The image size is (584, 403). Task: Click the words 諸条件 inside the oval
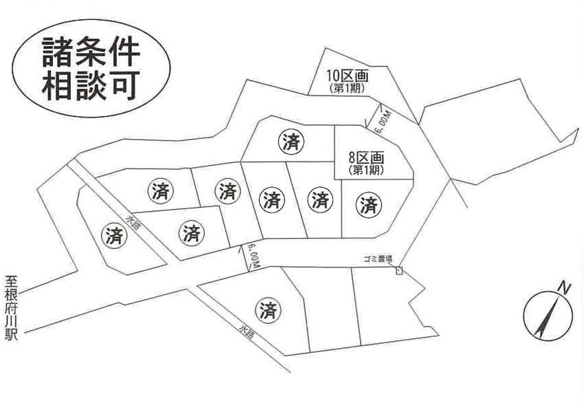[x=91, y=52]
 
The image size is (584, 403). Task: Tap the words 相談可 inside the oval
[x=91, y=86]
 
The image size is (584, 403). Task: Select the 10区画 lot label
[x=348, y=76]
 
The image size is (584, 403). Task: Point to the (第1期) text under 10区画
[x=348, y=88]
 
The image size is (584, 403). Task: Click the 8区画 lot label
[x=366, y=157]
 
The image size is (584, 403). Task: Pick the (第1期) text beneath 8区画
[x=366, y=170]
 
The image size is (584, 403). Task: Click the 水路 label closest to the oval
[x=133, y=223]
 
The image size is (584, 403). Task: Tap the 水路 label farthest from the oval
[x=246, y=331]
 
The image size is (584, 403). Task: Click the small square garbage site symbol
[x=399, y=270]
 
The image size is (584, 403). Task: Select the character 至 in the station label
[x=11, y=281]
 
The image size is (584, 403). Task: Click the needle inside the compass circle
[x=547, y=316]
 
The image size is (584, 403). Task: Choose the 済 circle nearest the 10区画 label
[x=291, y=142]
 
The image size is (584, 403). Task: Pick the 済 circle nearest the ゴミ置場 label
[x=369, y=205]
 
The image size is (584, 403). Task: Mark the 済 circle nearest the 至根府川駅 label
[x=114, y=236]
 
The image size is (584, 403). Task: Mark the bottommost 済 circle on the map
[x=268, y=310]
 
